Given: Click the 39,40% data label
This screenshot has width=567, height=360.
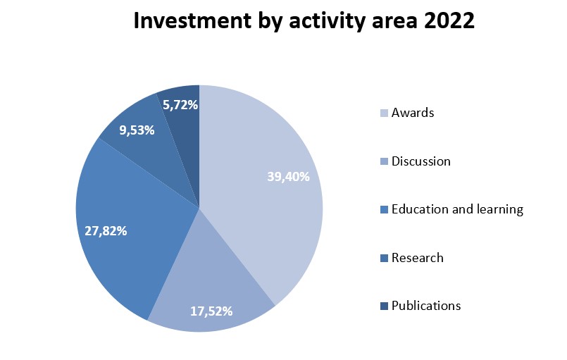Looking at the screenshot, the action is click(288, 177).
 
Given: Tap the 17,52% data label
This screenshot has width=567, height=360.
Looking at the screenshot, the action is click(211, 311).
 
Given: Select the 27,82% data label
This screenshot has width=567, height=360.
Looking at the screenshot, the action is click(106, 231).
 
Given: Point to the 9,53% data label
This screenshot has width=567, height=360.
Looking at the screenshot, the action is click(137, 130).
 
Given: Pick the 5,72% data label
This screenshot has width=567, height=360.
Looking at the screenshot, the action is click(180, 105).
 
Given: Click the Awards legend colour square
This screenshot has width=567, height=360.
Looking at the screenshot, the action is click(384, 113).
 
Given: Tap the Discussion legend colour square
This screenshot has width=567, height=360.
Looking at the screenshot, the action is click(384, 161).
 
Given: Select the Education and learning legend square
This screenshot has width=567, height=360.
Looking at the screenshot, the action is click(384, 209).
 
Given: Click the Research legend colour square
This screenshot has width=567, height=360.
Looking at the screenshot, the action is click(384, 258).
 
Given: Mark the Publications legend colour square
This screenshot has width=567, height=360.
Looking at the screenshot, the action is click(384, 306).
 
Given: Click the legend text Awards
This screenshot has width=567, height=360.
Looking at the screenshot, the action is click(413, 113).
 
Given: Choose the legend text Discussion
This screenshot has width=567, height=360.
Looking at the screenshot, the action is click(421, 161).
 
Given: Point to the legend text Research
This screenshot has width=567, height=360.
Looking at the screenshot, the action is click(417, 258).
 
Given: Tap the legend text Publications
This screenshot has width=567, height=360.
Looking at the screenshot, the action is click(426, 306).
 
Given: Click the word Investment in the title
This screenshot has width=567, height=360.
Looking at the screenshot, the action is click(192, 20).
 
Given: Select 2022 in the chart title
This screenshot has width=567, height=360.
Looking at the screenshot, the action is click(449, 20).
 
